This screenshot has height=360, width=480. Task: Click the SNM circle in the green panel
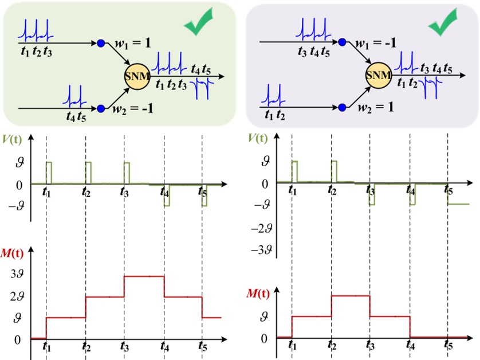[137, 75]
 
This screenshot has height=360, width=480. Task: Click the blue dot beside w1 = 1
[101, 43]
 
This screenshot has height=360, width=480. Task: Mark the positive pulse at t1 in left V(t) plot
[49, 172]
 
